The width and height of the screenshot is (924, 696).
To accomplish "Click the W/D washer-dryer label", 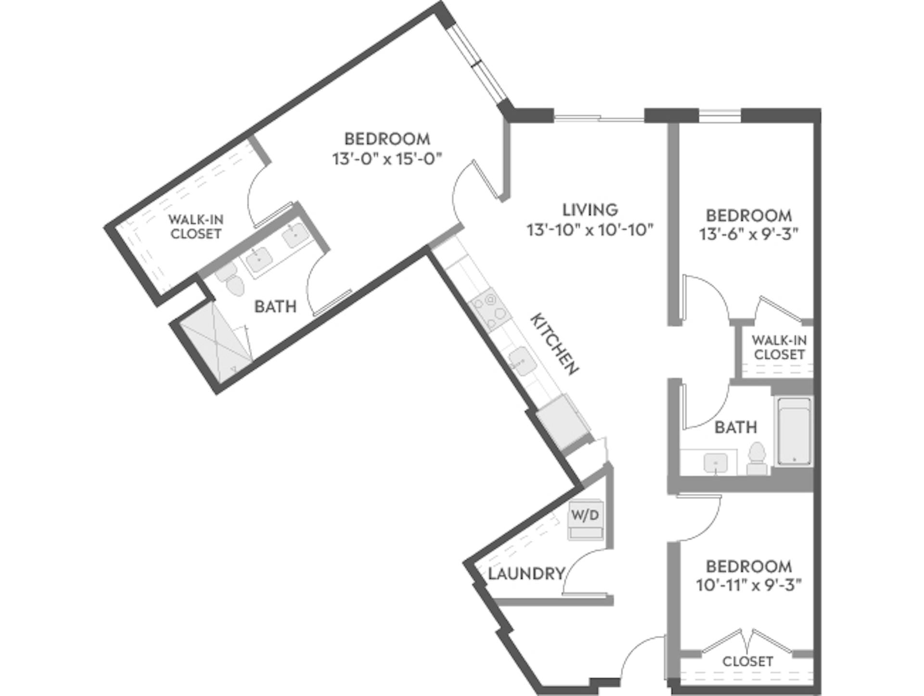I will click(x=585, y=515).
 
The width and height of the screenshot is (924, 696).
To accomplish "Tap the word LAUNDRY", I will click(x=526, y=573).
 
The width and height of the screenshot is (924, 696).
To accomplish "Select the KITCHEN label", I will click(x=554, y=344).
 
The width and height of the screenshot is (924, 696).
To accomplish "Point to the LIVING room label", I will click(x=590, y=210).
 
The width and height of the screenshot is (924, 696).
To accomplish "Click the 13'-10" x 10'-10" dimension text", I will click(x=590, y=230).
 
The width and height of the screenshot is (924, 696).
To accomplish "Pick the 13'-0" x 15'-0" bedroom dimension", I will click(x=387, y=159).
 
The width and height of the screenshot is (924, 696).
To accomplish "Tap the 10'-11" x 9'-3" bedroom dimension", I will click(x=748, y=585).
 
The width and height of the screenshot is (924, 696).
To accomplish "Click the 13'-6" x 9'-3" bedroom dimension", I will click(x=748, y=234).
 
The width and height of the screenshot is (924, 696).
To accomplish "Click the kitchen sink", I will click(x=522, y=361).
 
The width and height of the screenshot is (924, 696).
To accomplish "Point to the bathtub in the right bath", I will click(x=794, y=431).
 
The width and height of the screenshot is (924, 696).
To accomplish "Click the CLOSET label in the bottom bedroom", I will click(x=747, y=661).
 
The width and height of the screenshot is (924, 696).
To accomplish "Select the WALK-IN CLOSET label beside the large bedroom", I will click(x=196, y=227).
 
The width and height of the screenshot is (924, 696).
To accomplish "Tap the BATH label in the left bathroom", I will click(x=275, y=306).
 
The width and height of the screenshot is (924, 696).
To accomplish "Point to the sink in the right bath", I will click(x=716, y=464).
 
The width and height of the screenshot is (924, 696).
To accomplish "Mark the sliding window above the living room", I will click(x=599, y=117).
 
